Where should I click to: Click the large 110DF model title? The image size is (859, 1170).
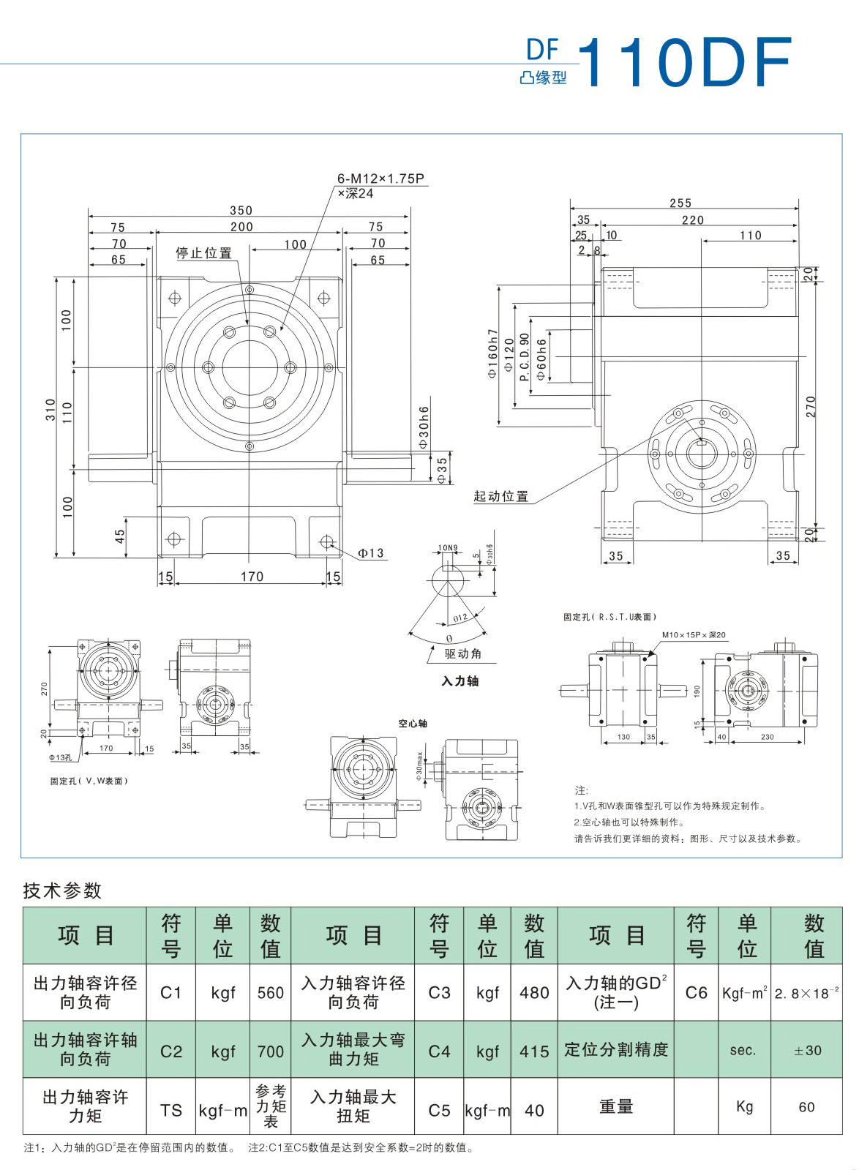pyautogui.click(x=685, y=63)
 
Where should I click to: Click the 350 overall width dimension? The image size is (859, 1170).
pyautogui.click(x=241, y=211)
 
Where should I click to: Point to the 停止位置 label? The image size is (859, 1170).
pyautogui.click(x=204, y=253)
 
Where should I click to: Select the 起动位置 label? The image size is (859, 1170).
pyautogui.click(x=501, y=496)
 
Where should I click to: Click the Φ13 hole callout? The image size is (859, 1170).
pyautogui.click(x=371, y=553)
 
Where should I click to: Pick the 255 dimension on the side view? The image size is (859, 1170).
pyautogui.click(x=680, y=203)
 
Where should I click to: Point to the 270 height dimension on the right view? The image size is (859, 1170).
pyautogui.click(x=810, y=407)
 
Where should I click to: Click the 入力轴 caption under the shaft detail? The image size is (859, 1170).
pyautogui.click(x=459, y=681)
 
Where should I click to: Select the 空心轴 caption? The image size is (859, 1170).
pyautogui.click(x=413, y=724)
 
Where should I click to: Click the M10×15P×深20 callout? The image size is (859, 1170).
pyautogui.click(x=694, y=635)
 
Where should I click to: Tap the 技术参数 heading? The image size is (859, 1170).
pyautogui.click(x=63, y=890)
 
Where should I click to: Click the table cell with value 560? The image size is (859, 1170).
pyautogui.click(x=271, y=993)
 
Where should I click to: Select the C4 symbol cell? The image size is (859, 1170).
pyautogui.click(x=439, y=1051)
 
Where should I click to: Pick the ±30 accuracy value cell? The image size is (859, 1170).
pyautogui.click(x=807, y=1050)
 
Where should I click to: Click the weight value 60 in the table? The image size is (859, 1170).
pyautogui.click(x=806, y=1107)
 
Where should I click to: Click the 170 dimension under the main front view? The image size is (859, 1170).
pyautogui.click(x=252, y=577)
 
